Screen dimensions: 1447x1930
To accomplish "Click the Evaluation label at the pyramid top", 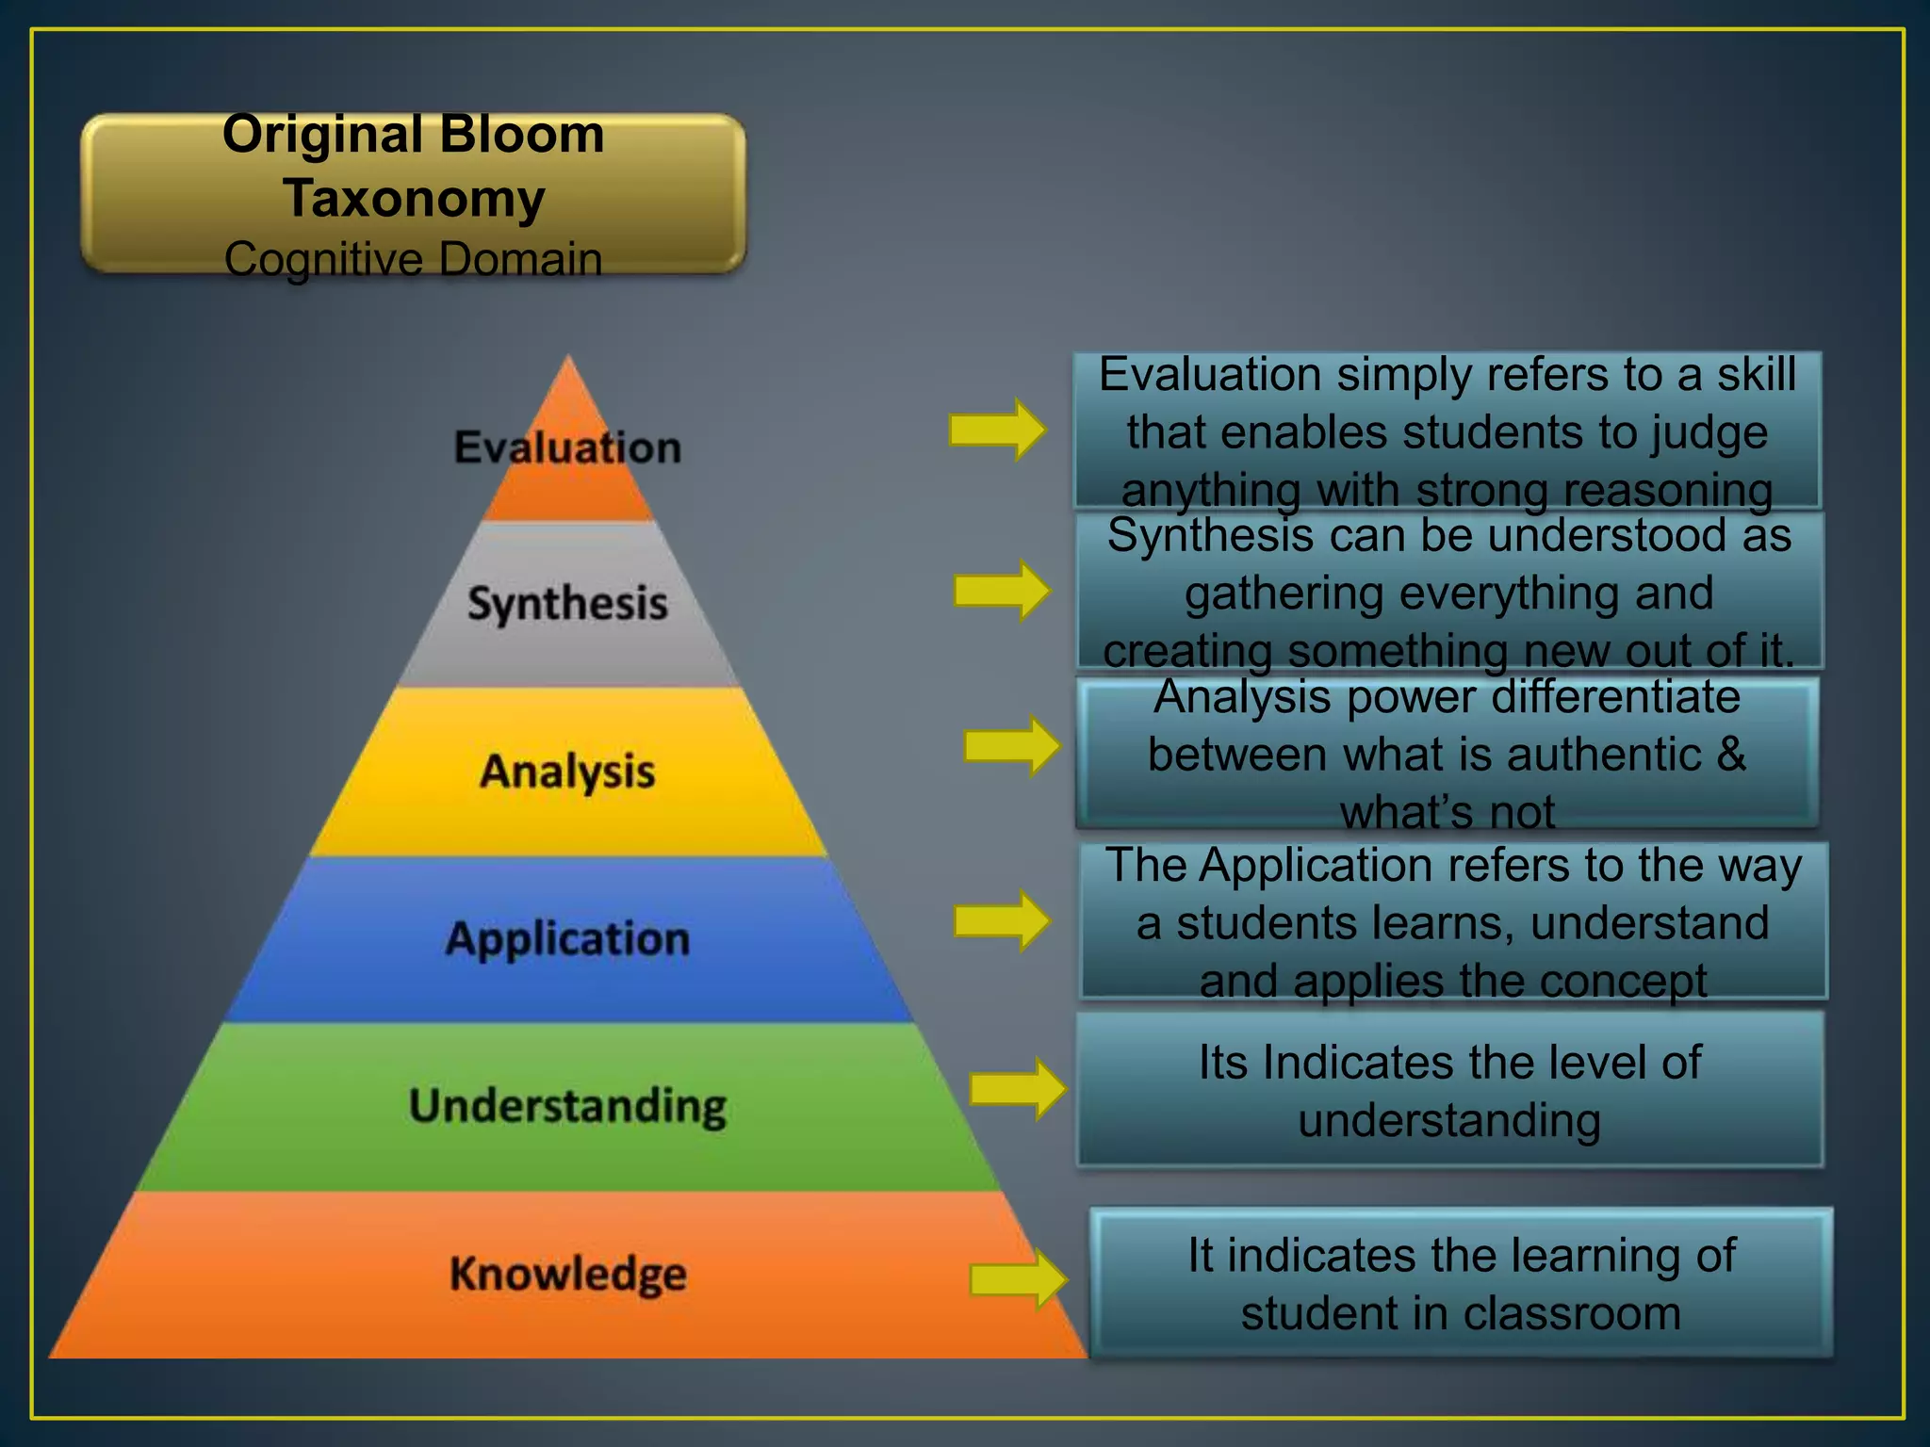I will pos(567,447).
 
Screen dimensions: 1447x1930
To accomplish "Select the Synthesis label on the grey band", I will pos(567,604).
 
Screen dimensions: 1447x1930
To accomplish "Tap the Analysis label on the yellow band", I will pos(567,772).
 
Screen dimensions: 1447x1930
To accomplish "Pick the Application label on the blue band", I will pos(567,939).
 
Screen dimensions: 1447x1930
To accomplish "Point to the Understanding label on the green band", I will pos(567,1106).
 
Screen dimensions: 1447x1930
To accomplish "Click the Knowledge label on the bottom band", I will pos(567,1274).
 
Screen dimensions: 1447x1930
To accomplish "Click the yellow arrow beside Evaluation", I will pos(997,430).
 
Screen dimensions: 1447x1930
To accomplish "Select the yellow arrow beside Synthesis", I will pos(1002,591).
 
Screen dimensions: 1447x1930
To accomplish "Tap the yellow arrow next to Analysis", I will pos(1012,746).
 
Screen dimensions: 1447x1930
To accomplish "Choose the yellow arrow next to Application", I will pos(1002,920).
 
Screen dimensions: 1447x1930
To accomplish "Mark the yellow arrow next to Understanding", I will pos(1018,1089).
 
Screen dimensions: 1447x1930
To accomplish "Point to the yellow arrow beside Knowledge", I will pos(1018,1279).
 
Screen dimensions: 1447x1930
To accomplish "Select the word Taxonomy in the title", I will pos(414,198).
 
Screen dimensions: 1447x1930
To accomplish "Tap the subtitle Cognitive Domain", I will pos(414,259).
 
